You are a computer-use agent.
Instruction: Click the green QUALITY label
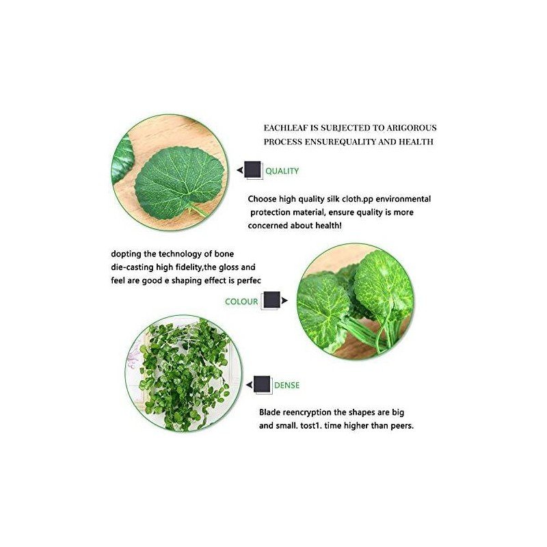(x=282, y=171)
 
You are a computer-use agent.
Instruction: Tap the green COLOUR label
(x=241, y=302)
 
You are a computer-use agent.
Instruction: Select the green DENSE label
(x=286, y=385)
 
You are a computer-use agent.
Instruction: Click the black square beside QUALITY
(x=252, y=170)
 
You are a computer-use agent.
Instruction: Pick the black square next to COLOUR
(x=271, y=299)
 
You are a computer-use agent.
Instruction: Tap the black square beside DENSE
(x=262, y=384)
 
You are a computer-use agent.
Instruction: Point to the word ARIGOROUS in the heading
(x=412, y=128)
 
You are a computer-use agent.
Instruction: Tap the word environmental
(x=403, y=199)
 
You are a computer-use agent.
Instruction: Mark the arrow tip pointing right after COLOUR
(x=288, y=300)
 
